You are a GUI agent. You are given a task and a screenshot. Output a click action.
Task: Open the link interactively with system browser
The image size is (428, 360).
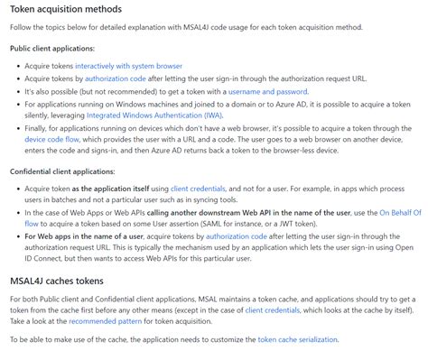click(128, 66)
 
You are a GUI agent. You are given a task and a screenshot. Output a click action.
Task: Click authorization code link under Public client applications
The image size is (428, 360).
click(115, 78)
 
